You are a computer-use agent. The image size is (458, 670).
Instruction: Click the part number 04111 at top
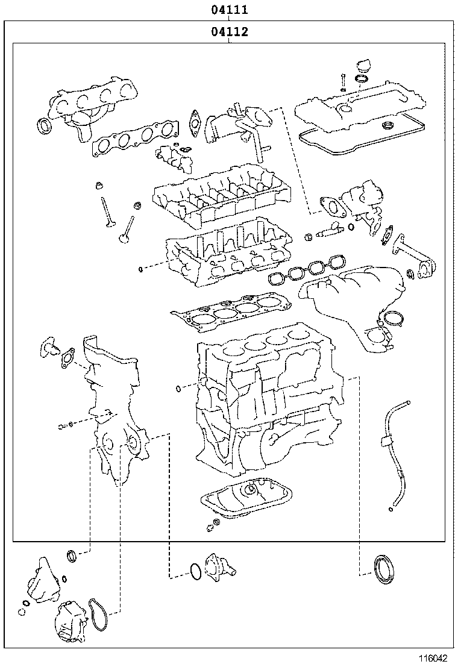[229, 10]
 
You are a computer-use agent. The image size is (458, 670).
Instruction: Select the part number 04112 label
[229, 32]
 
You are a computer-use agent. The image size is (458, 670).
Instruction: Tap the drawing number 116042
[434, 659]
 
